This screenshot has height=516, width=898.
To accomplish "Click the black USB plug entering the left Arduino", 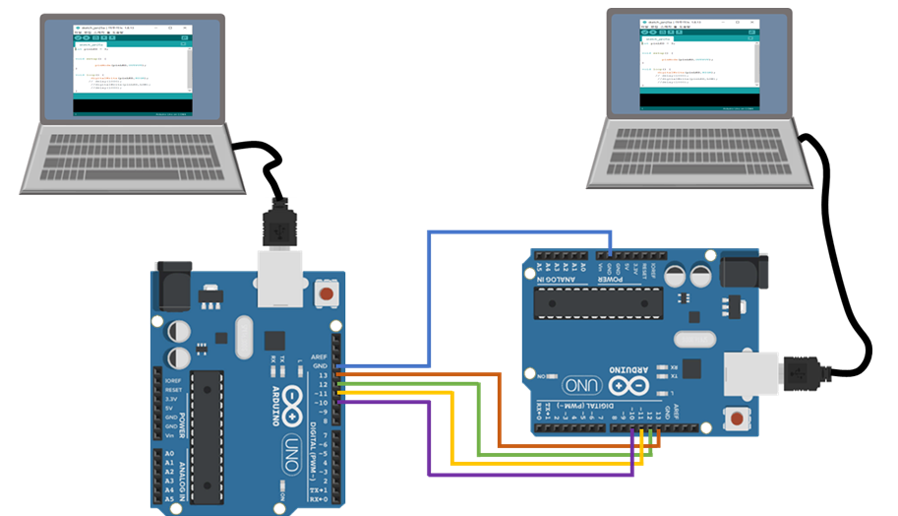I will point(278,223).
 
